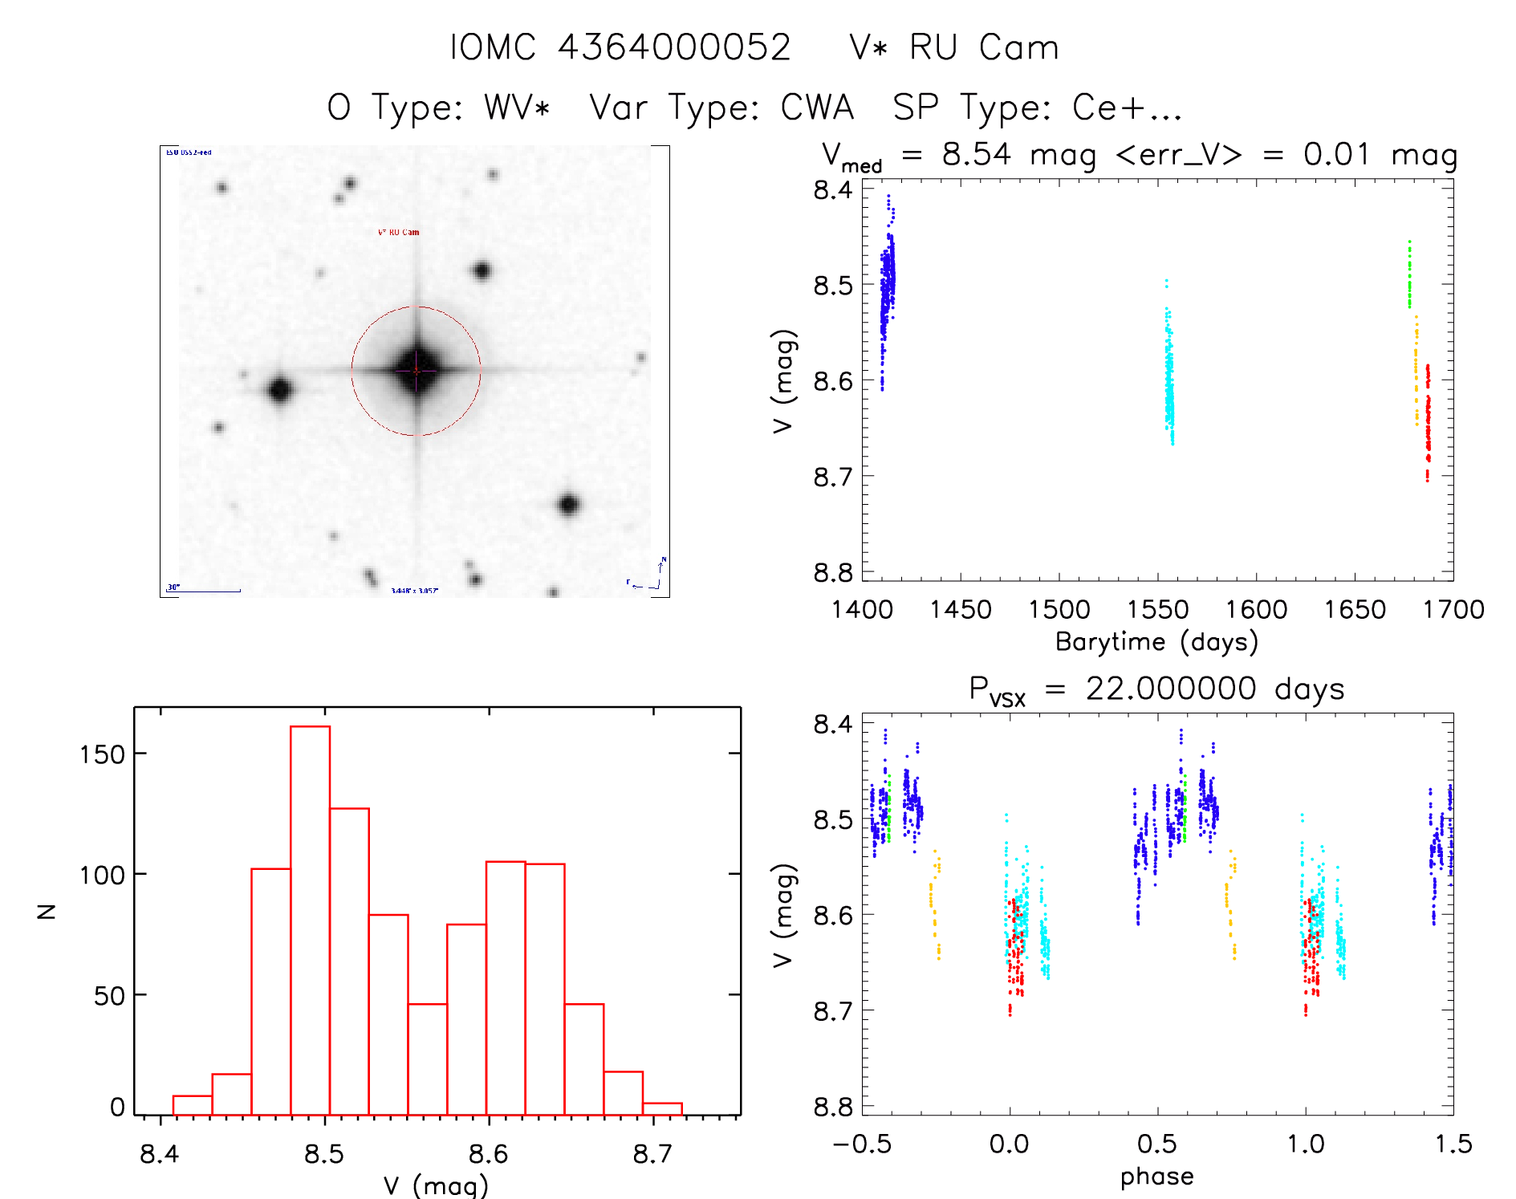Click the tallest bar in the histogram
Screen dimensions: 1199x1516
[x=310, y=919]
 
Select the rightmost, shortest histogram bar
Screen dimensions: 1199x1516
[x=662, y=1109]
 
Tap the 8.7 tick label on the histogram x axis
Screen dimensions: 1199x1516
[x=652, y=1155]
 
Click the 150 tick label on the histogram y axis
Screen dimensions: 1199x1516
[x=102, y=754]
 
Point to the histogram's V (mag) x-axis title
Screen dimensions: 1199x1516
[x=436, y=1185]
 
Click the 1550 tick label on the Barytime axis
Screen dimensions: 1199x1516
[x=1157, y=610]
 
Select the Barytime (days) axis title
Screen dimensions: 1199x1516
[x=1156, y=642]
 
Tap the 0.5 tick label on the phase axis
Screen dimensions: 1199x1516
[x=1157, y=1144]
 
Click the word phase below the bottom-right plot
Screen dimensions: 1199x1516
[x=1156, y=1177]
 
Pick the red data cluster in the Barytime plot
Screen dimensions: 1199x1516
[x=1428, y=425]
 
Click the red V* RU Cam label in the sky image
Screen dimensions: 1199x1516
[x=398, y=233]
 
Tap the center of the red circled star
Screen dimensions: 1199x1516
[x=416, y=371]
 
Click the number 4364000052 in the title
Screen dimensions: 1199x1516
[x=674, y=48]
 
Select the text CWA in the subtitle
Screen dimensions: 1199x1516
[x=817, y=108]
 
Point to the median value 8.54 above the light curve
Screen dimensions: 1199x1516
[x=976, y=154]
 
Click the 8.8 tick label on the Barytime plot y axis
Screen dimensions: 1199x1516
[x=832, y=572]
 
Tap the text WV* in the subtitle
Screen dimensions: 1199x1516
[x=517, y=108]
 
